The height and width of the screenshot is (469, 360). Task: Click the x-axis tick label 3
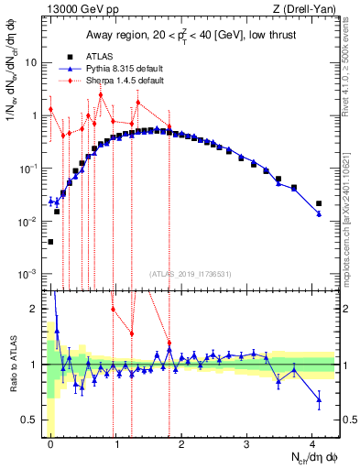click(x=247, y=443)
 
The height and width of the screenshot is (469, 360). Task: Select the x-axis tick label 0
click(x=50, y=443)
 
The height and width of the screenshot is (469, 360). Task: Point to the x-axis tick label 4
click(x=313, y=443)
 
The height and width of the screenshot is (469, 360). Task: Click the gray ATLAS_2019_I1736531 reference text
click(x=189, y=272)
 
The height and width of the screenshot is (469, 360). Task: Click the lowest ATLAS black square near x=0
click(x=50, y=242)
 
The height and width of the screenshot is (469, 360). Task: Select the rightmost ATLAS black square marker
click(x=319, y=203)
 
